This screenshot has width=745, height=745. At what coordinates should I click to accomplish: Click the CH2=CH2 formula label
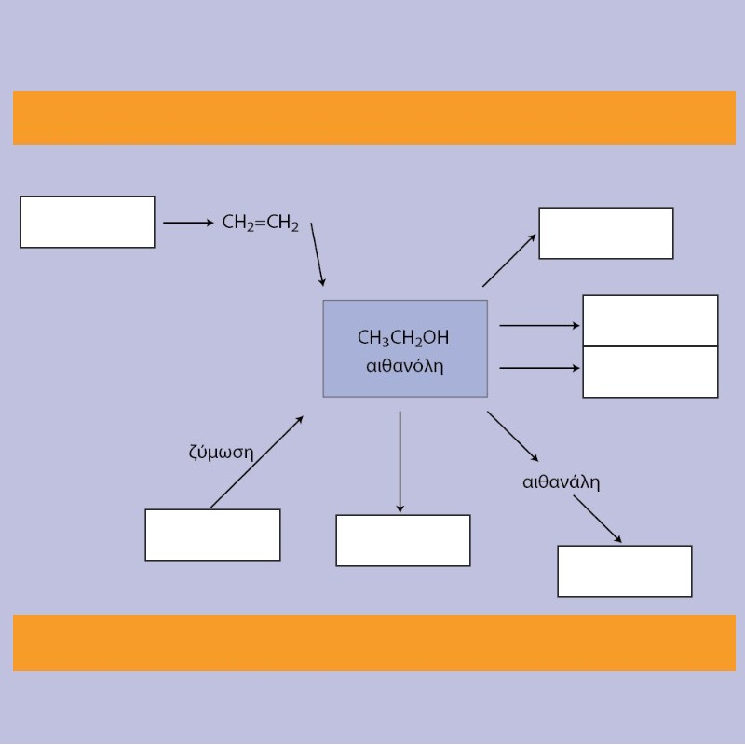(261, 223)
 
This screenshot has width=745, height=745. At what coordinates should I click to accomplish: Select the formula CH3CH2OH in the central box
(403, 338)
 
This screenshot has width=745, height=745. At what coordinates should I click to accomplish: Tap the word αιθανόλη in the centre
(405, 366)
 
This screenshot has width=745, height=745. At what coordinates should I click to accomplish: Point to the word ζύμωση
(221, 452)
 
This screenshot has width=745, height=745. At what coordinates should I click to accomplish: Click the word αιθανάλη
(562, 481)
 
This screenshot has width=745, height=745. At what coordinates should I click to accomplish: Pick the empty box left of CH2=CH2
(88, 222)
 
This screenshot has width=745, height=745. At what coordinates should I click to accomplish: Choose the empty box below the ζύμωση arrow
(212, 535)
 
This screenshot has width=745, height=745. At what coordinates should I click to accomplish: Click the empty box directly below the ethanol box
(403, 540)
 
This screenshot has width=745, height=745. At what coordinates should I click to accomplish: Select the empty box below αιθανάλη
(625, 571)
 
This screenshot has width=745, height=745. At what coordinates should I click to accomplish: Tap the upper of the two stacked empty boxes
(650, 320)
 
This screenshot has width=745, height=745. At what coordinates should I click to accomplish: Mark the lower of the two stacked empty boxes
(650, 372)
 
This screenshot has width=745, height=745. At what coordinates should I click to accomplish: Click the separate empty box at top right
(606, 234)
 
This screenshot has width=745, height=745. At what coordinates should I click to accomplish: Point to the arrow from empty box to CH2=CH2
(189, 223)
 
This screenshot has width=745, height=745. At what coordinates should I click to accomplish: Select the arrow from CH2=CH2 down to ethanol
(318, 254)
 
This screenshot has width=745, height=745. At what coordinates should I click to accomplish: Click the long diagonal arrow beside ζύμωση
(257, 462)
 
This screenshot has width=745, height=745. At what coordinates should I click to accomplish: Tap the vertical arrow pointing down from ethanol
(400, 462)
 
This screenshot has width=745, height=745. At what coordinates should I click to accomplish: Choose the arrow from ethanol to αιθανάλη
(513, 436)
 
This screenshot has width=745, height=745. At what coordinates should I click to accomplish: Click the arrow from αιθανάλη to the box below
(597, 519)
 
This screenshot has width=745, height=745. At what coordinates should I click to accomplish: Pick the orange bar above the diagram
(374, 118)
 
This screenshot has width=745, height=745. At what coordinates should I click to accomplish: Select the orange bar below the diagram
(374, 643)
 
